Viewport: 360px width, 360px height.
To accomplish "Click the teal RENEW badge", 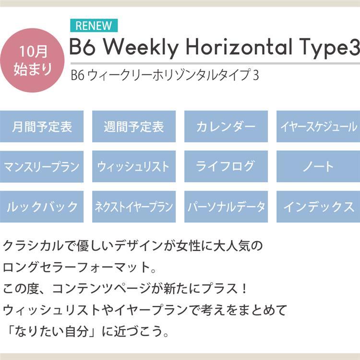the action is pyautogui.click(x=94, y=25).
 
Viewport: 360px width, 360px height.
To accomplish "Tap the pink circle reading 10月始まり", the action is pyautogui.click(x=32, y=60).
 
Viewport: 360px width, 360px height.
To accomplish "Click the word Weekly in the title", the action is pyautogui.click(x=141, y=48).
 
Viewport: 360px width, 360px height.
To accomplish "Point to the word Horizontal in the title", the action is pyautogui.click(x=239, y=47).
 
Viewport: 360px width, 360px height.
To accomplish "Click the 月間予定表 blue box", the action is pyautogui.click(x=42, y=126).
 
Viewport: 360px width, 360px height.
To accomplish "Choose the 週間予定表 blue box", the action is pyautogui.click(x=134, y=126).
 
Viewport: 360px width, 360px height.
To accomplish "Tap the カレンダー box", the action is pyautogui.click(x=226, y=126).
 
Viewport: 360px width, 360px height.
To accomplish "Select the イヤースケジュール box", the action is pyautogui.click(x=318, y=126).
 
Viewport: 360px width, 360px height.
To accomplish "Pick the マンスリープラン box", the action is pyautogui.click(x=42, y=167).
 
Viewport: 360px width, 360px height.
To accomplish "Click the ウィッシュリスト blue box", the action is pyautogui.click(x=134, y=167).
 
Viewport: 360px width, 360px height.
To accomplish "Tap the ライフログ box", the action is pyautogui.click(x=226, y=167).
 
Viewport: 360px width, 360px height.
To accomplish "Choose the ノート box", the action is pyautogui.click(x=318, y=167).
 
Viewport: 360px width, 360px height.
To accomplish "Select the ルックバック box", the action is pyautogui.click(x=42, y=206).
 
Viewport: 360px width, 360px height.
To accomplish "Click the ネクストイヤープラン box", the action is pyautogui.click(x=134, y=206).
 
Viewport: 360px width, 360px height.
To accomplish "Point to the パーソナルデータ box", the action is pyautogui.click(x=226, y=206).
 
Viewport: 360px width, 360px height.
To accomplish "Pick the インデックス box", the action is pyautogui.click(x=318, y=206).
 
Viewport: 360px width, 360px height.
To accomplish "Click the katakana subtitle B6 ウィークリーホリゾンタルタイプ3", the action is pyautogui.click(x=165, y=75).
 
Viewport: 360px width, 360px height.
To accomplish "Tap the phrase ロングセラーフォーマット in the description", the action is pyautogui.click(x=76, y=267).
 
